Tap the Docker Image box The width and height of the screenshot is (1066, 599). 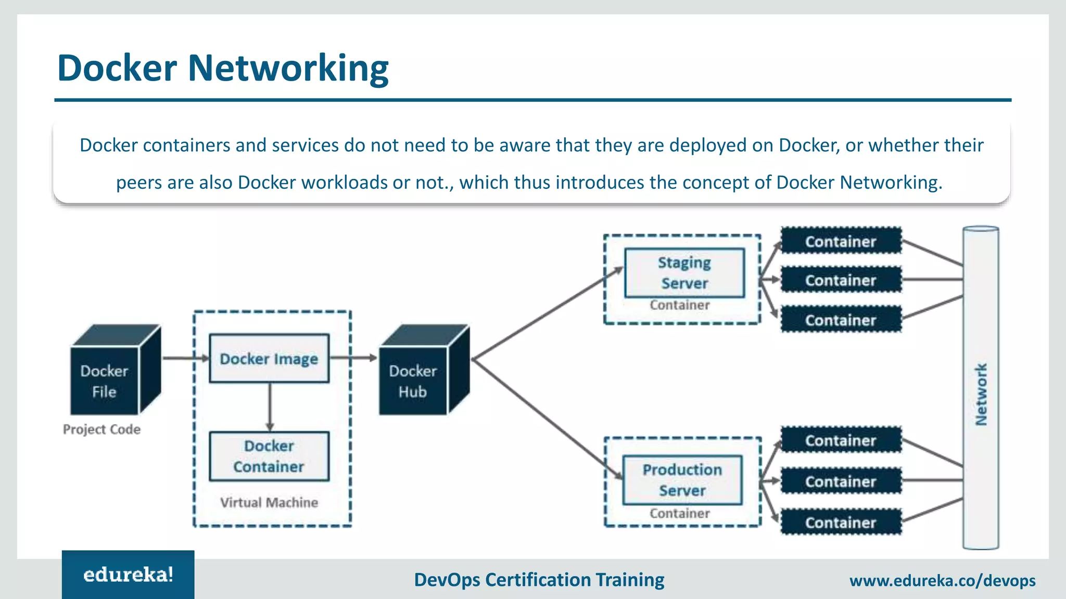269,359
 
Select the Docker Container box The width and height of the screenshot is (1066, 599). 269,456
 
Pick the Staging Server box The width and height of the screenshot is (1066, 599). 684,273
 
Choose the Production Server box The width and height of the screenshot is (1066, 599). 682,480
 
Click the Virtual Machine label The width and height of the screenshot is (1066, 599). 269,502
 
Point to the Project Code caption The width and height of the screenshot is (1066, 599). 101,429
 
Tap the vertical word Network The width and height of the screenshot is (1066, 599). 981,394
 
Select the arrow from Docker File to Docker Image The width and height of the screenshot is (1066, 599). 185,358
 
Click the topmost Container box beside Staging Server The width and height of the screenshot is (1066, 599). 841,241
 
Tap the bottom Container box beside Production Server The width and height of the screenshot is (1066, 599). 841,523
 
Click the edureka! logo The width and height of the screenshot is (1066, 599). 128,575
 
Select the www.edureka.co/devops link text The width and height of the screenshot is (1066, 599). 942,580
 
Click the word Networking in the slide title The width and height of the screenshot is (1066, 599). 288,68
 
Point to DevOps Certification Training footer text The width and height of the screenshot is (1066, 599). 539,579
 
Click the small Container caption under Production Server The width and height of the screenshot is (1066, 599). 679,514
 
